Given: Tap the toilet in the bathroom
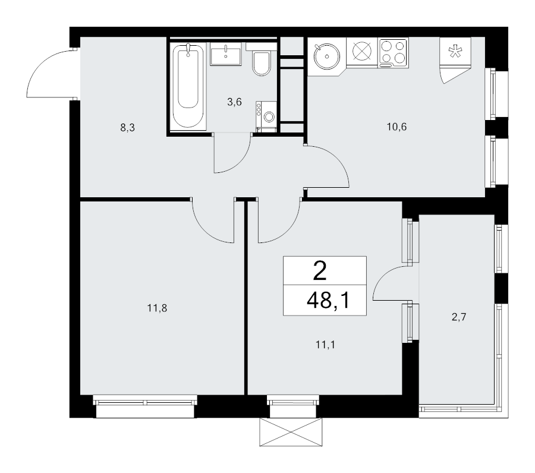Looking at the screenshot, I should pos(262,63).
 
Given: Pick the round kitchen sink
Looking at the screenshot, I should pos(326,57).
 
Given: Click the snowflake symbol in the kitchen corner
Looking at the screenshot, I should pos(454,51).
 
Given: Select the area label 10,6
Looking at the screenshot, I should pos(395,127).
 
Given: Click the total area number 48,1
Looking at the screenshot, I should pos(326,302).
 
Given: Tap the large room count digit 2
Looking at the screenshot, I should pos(320,272).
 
